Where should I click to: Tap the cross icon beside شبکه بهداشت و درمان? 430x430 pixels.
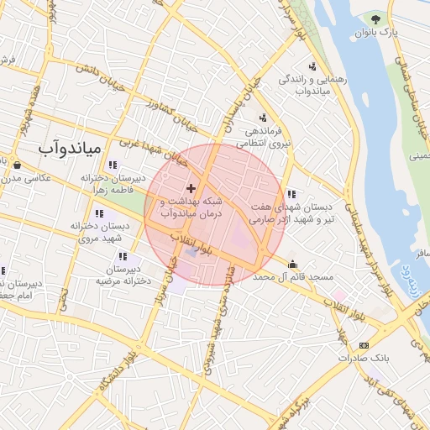click(x=191, y=187)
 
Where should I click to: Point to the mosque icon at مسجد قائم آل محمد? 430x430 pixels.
click(x=292, y=263)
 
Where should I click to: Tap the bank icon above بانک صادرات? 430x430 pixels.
click(x=363, y=345)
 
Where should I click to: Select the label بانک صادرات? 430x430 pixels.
click(x=365, y=358)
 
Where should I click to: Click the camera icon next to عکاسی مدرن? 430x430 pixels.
click(x=17, y=165)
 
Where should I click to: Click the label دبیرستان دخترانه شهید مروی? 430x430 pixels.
click(x=100, y=233)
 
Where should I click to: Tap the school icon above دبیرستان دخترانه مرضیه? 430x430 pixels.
click(x=123, y=256)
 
